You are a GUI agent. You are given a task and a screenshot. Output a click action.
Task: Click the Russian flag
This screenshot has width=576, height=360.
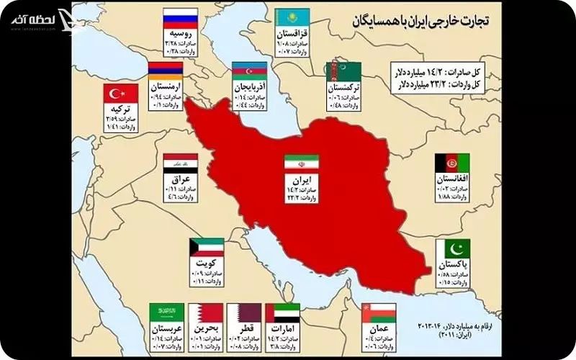[x=176, y=17]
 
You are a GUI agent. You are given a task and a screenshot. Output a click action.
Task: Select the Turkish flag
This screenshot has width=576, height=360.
[x=120, y=94]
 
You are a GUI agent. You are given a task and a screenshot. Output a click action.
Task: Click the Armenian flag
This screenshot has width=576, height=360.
[x=166, y=71]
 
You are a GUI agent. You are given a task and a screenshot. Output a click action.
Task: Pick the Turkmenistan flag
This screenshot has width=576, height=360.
[x=343, y=71]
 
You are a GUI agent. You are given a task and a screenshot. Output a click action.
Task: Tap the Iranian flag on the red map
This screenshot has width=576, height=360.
[x=297, y=163]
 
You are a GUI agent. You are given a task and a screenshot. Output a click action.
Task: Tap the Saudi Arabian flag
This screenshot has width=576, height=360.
[x=166, y=313]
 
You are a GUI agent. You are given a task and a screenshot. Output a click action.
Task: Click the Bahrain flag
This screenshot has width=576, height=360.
[x=206, y=313]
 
